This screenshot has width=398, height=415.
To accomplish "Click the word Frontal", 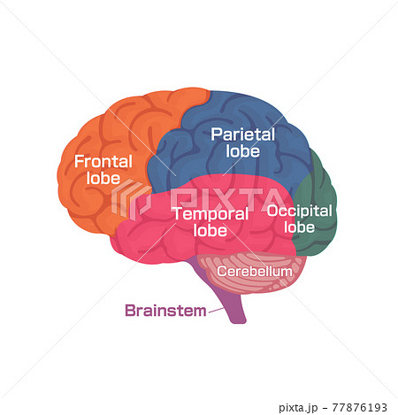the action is coord(103,161).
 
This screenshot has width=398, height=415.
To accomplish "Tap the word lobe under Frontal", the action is coord(103,178).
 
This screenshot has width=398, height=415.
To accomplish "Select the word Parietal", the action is coord(243,134).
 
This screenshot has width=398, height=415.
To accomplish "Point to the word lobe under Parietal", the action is coord(243,150).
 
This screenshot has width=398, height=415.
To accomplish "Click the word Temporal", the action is coord(210,213).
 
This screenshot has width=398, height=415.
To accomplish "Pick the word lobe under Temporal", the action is coord(210,230).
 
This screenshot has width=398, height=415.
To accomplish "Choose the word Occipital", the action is coord(299,211).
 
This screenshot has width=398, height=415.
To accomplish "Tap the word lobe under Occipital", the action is coord(299,227).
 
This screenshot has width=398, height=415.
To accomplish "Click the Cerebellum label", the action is coord(255,272).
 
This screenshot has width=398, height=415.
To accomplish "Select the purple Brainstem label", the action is coord(165,311).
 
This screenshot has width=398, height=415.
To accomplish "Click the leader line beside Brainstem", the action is coord(216,311).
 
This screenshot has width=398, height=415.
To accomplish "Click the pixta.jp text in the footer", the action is coord(298,408).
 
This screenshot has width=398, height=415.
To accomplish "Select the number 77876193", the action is coord(360,407).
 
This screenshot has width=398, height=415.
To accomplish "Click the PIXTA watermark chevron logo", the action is coord(131,199).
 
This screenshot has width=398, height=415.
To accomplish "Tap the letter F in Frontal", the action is coord(79,161).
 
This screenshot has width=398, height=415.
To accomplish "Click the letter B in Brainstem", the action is coord(130,311).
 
